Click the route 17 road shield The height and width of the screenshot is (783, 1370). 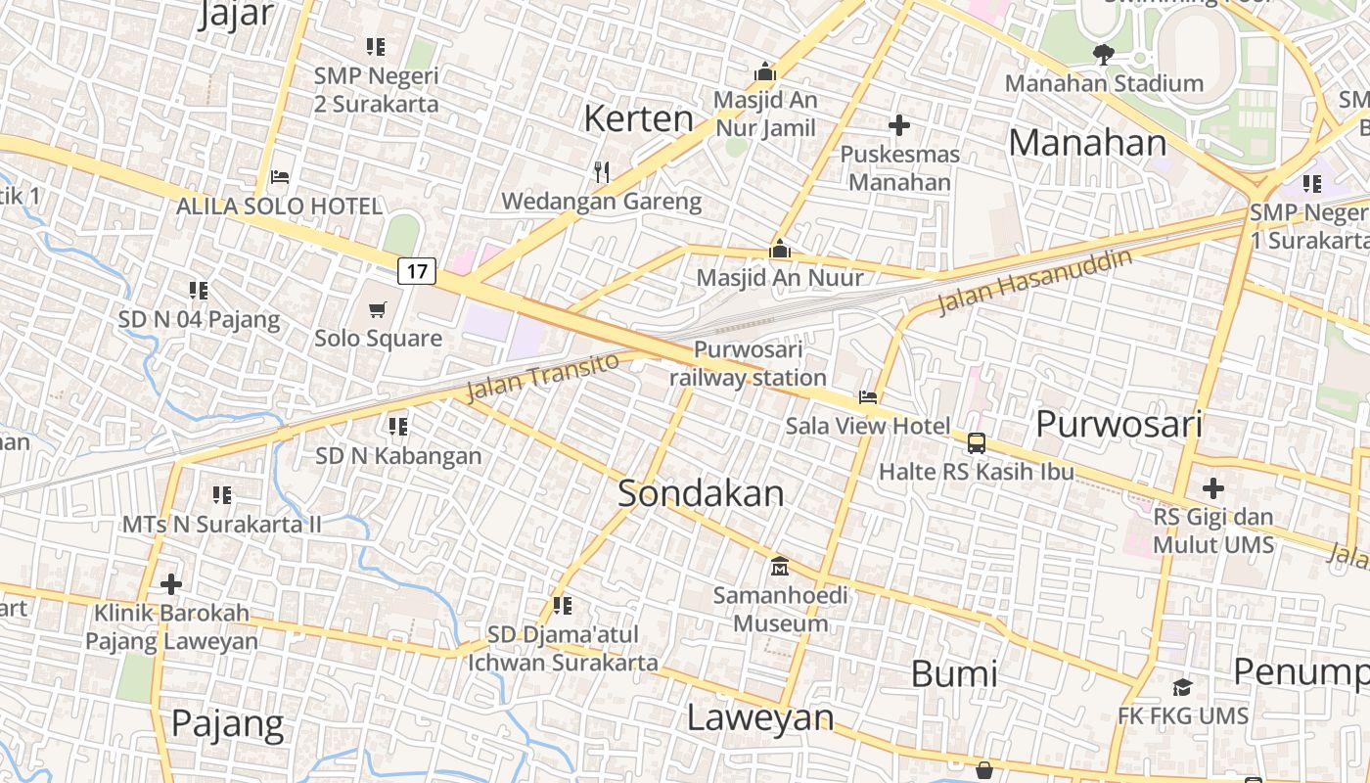tap(417, 270)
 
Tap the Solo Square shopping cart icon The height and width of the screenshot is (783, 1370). tap(377, 310)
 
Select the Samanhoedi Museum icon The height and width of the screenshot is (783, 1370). tap(780, 567)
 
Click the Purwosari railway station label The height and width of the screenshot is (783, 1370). tap(748, 363)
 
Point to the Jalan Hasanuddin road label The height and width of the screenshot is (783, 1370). tap(1034, 282)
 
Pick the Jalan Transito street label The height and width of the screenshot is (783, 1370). tap(542, 377)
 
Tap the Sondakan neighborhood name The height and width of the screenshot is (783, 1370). tap(701, 493)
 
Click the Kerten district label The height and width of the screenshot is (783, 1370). tap(638, 118)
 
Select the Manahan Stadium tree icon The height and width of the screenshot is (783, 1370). tap(1104, 55)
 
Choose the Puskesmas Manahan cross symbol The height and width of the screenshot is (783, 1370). tap(898, 125)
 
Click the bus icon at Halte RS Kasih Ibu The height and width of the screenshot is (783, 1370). tap(977, 443)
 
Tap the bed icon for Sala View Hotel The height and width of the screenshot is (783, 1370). tap(868, 397)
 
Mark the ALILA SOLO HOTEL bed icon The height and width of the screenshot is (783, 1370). tap(280, 177)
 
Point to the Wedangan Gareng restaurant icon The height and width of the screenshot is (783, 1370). tap(602, 172)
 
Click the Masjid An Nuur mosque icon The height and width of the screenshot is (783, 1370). tap(780, 249)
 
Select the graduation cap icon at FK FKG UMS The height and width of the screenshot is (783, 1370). tap(1183, 687)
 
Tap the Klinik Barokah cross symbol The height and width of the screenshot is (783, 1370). tap(171, 584)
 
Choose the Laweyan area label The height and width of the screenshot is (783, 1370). tap(759, 717)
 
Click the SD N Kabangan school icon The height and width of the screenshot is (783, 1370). tap(398, 427)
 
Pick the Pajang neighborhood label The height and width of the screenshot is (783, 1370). tap(227, 724)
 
